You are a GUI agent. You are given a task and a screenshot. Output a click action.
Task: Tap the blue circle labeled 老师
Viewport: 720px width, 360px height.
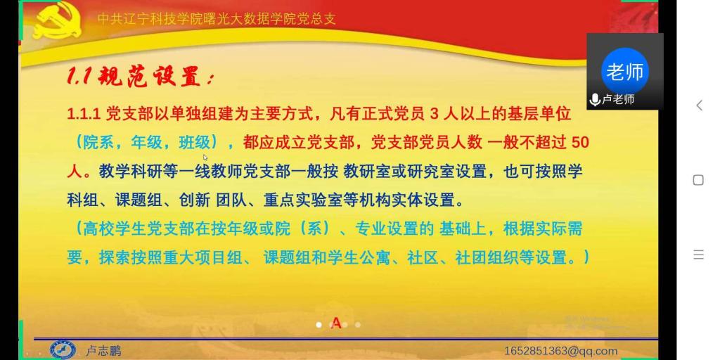624,71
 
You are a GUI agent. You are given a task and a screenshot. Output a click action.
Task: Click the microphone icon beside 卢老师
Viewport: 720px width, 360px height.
595,100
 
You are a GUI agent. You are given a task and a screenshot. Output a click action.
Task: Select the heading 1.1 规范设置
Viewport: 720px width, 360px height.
140,77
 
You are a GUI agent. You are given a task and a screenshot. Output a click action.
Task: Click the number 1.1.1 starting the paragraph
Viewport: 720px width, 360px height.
84,115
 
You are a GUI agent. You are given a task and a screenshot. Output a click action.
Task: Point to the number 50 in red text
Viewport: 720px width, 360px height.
580,143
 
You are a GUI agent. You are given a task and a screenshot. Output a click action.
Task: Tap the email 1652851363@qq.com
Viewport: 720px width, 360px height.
560,352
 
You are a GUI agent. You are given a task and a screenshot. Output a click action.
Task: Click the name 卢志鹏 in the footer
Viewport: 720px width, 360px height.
103,352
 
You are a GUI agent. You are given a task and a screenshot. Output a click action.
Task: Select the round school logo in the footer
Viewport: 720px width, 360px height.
63,350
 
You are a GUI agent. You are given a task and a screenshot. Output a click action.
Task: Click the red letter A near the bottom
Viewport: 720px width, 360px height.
336,323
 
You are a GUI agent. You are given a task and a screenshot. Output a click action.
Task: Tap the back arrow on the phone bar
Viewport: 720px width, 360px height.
699,105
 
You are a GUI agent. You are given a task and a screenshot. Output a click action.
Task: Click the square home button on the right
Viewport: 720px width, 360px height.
698,180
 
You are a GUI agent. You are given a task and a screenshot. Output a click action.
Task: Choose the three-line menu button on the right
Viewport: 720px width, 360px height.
698,255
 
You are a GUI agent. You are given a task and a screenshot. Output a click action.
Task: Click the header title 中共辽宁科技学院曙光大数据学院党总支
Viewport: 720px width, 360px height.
217,19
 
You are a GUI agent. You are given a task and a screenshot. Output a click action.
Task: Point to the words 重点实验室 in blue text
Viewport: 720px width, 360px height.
303,200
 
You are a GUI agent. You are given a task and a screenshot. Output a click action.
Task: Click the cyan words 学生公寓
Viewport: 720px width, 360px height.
360,257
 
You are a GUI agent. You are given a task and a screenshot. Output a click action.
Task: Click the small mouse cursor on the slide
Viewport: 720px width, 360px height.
205,157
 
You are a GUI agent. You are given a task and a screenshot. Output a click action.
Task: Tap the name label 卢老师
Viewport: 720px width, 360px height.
618,100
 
